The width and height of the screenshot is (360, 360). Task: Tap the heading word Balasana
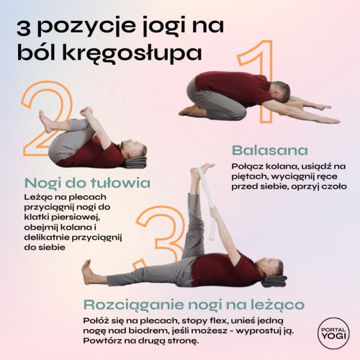[270, 150]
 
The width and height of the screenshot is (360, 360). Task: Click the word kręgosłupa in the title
[109, 53]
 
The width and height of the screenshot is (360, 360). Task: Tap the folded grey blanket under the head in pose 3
[274, 282]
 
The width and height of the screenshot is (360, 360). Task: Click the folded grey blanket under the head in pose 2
[135, 163]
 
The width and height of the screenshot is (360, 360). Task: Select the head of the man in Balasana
[282, 91]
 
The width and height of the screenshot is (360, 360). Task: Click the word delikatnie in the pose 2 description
[46, 238]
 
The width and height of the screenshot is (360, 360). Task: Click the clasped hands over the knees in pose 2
[86, 112]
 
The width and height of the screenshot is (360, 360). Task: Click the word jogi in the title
[160, 27]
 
